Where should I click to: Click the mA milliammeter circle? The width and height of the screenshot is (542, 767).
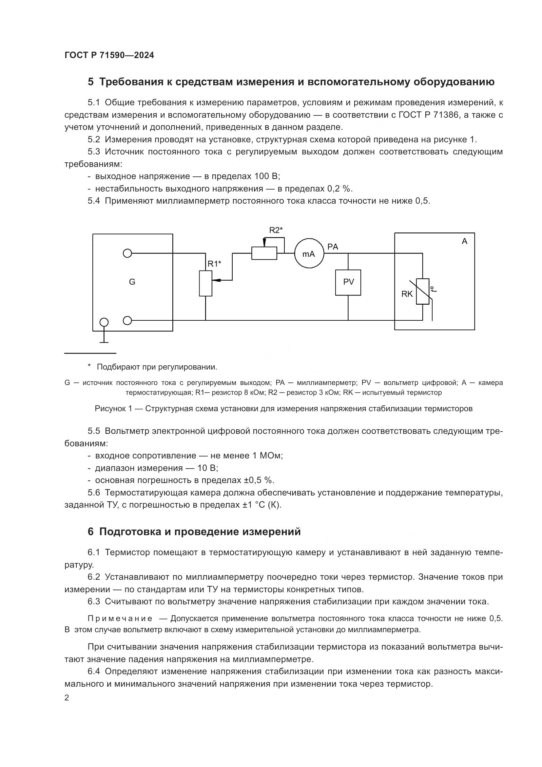point(309,253)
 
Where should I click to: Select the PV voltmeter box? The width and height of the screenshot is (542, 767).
point(348,282)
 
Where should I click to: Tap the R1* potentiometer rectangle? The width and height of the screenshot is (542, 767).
point(205,283)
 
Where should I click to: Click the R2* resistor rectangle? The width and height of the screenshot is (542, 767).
point(264,253)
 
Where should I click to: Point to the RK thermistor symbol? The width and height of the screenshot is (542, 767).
point(422,291)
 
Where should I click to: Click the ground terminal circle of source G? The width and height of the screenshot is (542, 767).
point(104,322)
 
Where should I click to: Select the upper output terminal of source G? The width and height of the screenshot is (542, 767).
point(127,253)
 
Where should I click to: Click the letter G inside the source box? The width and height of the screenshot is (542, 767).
point(132,282)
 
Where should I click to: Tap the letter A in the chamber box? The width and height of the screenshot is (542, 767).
point(464,241)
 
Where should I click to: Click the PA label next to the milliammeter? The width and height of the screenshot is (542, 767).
point(333,247)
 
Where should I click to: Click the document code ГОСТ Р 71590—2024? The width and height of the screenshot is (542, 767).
point(109,55)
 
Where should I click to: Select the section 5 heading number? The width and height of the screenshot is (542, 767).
point(90,82)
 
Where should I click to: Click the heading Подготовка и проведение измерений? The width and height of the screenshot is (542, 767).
point(200,531)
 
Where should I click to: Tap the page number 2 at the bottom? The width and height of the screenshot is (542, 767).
point(67,697)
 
